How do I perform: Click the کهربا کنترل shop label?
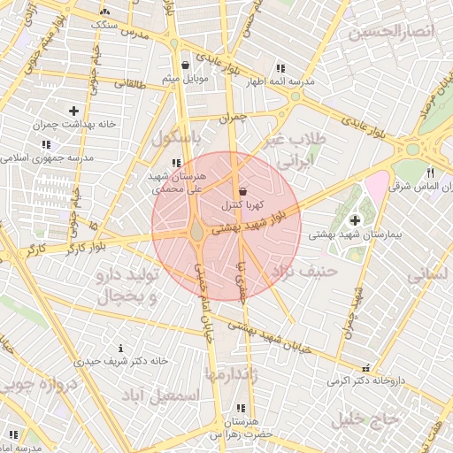pyautogui.click(x=242, y=205)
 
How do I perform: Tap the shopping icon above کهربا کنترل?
pyautogui.click(x=242, y=192)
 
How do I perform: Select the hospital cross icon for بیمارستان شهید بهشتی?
pyautogui.click(x=356, y=220)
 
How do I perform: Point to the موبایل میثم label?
pyautogui.click(x=184, y=80)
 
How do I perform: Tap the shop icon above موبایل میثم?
pyautogui.click(x=185, y=65)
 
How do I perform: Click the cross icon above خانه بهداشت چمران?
pyautogui.click(x=50, y=111)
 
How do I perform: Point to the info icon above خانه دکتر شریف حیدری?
pyautogui.click(x=121, y=348)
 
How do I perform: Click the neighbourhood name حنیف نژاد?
pyautogui.click(x=304, y=272)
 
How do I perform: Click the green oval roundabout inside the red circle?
pyautogui.click(x=196, y=232)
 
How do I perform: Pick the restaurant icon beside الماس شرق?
pyautogui.click(x=430, y=173)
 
